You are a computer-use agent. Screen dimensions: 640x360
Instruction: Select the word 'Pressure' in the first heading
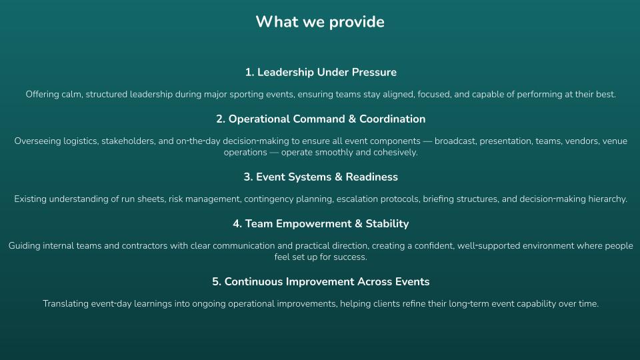[x=374, y=72]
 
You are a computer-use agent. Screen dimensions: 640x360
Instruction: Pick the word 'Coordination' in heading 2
[x=392, y=119]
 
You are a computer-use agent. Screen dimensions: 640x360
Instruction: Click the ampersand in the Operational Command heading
[x=352, y=119]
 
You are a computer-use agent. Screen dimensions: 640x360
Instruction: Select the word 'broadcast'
[x=455, y=141]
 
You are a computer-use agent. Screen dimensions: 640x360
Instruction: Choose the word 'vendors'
[x=582, y=141]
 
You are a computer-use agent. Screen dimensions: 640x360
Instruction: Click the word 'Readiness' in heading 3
[x=372, y=177]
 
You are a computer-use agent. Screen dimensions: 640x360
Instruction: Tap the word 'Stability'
[x=387, y=224]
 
